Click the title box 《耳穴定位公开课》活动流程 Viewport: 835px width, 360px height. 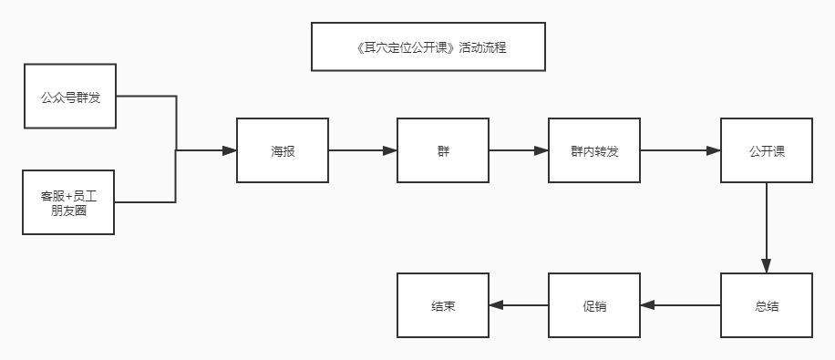[x=428, y=46]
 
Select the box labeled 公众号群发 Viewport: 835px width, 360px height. [x=69, y=96]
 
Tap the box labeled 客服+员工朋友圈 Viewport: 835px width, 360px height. [x=69, y=201]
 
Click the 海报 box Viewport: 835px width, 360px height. [x=283, y=150]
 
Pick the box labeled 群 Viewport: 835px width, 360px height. [x=443, y=150]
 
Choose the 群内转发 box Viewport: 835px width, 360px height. [x=594, y=150]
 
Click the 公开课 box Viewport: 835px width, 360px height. [x=767, y=150]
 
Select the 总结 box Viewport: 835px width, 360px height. [x=767, y=306]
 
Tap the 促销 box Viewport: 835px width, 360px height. [x=594, y=306]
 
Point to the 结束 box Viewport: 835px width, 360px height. [x=443, y=306]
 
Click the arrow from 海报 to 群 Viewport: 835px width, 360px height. [x=363, y=150]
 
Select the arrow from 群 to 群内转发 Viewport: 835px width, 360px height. [x=519, y=150]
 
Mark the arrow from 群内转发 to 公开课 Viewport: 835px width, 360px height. [x=681, y=150]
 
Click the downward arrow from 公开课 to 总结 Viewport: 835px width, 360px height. [x=767, y=228]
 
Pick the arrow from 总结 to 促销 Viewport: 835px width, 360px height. [x=681, y=306]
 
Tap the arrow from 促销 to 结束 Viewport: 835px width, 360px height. [x=519, y=306]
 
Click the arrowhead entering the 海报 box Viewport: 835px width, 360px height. [x=230, y=150]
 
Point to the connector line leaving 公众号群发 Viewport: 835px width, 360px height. [x=146, y=96]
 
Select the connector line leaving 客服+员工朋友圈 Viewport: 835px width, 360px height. [x=146, y=201]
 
